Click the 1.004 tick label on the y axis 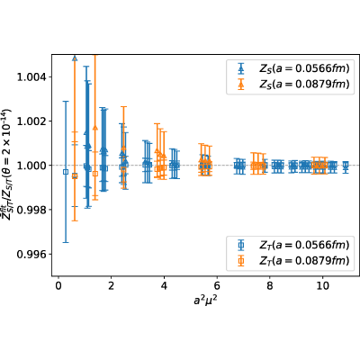[x=31, y=77]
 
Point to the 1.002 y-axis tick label [x=31, y=121]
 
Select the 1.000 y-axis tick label [x=31, y=166]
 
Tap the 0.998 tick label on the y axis [x=31, y=210]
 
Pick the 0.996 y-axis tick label [x=31, y=254]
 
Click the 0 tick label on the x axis [x=58, y=285]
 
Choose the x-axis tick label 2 [x=112, y=285]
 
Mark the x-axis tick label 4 [x=164, y=285]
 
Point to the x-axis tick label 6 [x=217, y=285]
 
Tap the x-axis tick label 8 [x=270, y=285]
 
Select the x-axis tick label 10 [x=322, y=285]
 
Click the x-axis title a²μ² [x=205, y=300]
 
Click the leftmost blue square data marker [x=66, y=172]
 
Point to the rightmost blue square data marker [x=346, y=165]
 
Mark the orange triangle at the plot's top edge [x=75, y=58]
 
